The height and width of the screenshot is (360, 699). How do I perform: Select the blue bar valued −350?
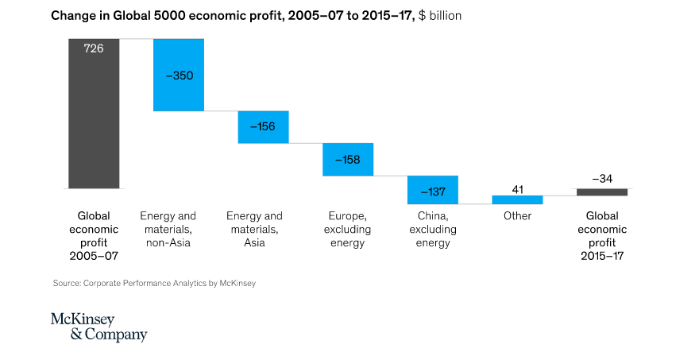click(179, 75)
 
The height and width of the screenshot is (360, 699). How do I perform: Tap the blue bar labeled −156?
click(263, 127)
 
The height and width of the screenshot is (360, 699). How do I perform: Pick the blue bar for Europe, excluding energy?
click(348, 159)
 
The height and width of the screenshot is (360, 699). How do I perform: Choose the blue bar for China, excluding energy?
click(433, 190)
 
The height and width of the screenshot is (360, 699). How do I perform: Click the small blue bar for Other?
click(517, 199)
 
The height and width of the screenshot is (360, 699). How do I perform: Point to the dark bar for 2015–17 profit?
click(602, 192)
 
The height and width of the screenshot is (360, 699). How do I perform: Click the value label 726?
click(94, 48)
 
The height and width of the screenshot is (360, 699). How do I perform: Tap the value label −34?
click(602, 178)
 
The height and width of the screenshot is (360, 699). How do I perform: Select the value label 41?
click(517, 188)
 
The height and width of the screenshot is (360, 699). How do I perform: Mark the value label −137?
click(433, 192)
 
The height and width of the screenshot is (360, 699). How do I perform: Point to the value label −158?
click(348, 160)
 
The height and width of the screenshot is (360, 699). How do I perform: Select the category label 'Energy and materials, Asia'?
click(254, 229)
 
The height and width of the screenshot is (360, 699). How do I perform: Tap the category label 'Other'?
click(517, 216)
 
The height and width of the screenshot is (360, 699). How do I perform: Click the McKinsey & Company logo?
click(98, 327)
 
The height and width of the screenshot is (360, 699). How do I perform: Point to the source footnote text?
click(154, 283)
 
